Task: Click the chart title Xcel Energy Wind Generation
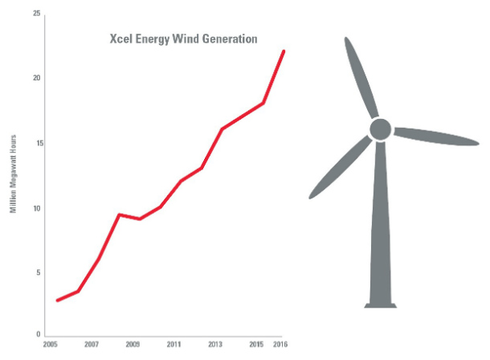click(183, 38)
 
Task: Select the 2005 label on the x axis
click(50, 344)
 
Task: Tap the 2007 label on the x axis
click(91, 344)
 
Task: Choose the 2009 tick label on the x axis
click(133, 344)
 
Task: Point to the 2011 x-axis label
click(174, 344)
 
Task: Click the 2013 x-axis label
click(215, 344)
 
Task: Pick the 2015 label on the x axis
click(256, 344)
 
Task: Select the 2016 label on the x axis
click(280, 344)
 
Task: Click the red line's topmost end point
click(284, 51)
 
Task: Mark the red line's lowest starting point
click(57, 301)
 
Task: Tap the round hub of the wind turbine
click(380, 129)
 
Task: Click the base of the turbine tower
click(381, 304)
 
